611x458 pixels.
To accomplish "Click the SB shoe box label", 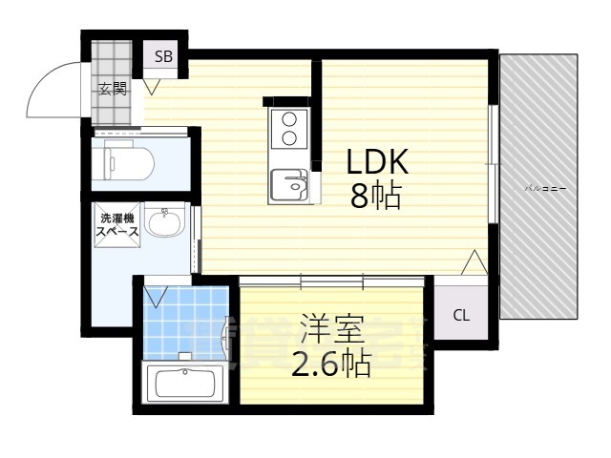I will pyautogui.click(x=164, y=56).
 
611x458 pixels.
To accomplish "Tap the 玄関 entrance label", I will pyautogui.click(x=112, y=90).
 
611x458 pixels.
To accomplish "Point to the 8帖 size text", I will pyautogui.click(x=375, y=198).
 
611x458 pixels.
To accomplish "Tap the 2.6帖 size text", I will pyautogui.click(x=330, y=365).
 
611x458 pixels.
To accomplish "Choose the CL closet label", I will pyautogui.click(x=460, y=316).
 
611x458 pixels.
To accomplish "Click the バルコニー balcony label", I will pyautogui.click(x=546, y=189).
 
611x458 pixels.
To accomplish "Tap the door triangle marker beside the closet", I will pyautogui.click(x=474, y=261).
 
